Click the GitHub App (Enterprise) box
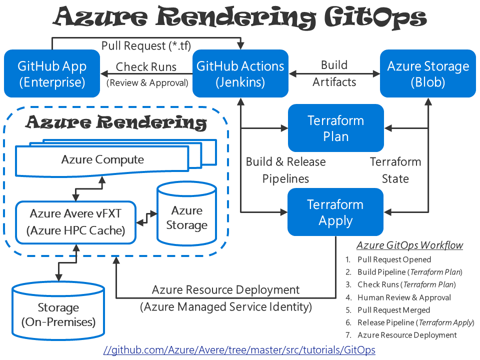click(x=52, y=73)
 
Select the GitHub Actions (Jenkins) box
click(x=240, y=73)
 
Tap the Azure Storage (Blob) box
click(x=428, y=73)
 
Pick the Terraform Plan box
click(x=335, y=128)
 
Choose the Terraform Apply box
click(x=335, y=212)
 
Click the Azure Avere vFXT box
click(x=75, y=222)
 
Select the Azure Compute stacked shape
click(x=102, y=159)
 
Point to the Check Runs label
click(x=146, y=67)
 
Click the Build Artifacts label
click(x=334, y=73)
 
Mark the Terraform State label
click(x=395, y=170)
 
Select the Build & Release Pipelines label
click(x=285, y=170)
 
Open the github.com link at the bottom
click(x=239, y=349)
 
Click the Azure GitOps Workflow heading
click(x=409, y=245)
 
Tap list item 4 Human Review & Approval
click(x=404, y=297)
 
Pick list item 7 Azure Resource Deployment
click(x=407, y=335)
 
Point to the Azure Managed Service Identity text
click(x=226, y=306)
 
